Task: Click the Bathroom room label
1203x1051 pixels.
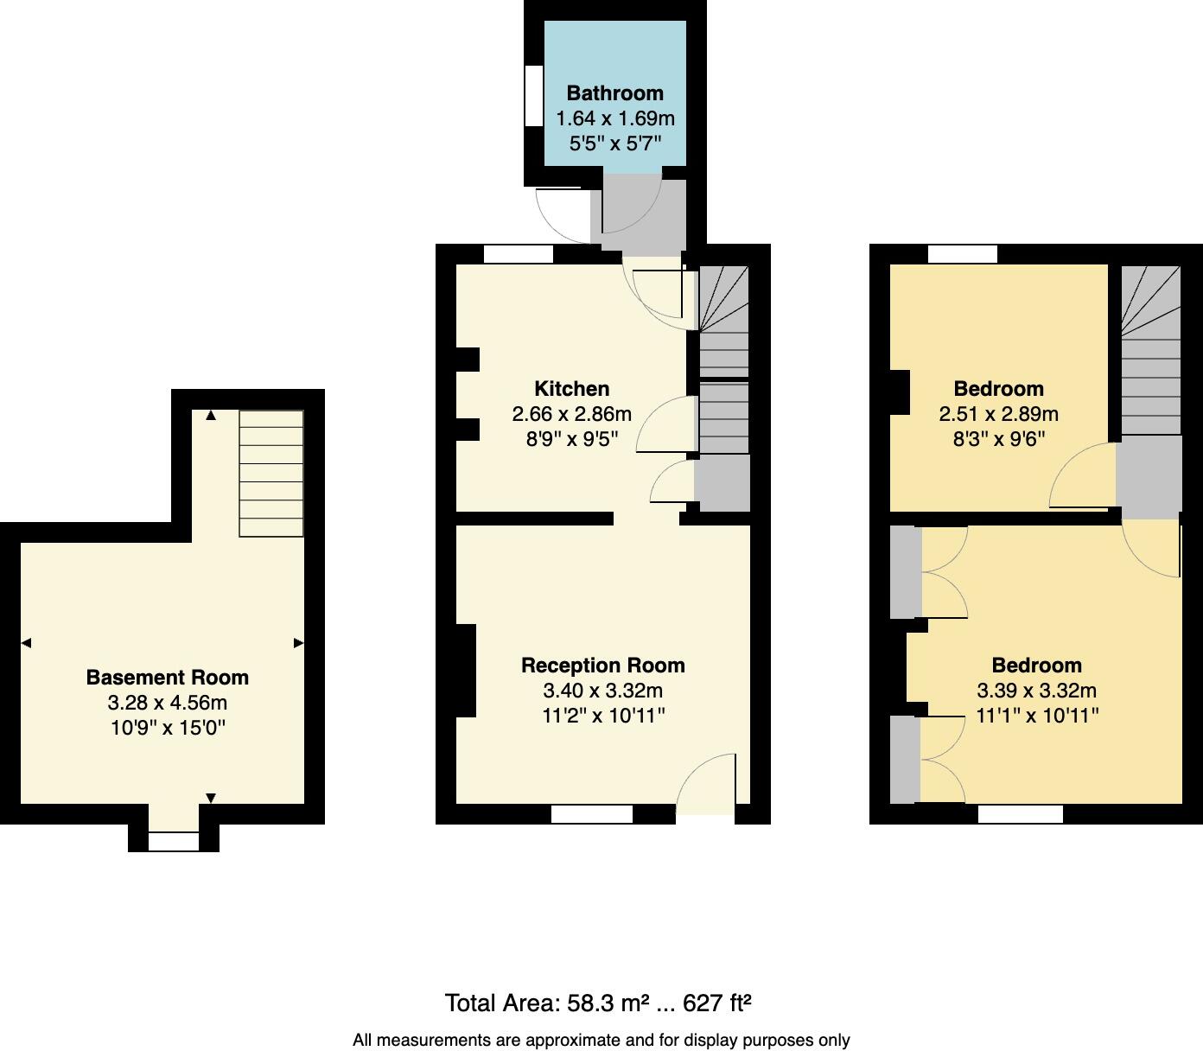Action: click(x=614, y=93)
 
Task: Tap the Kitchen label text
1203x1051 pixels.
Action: click(x=571, y=389)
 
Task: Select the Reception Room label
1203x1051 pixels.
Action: click(x=602, y=666)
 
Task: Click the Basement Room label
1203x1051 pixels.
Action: click(x=167, y=678)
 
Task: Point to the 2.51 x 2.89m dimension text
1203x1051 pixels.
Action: click(x=998, y=414)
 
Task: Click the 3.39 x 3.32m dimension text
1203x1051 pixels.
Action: click(x=1036, y=691)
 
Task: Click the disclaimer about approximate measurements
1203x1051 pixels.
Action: click(x=601, y=1041)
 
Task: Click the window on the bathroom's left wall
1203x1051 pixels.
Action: click(x=534, y=98)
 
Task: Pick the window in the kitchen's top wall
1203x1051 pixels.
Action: click(x=518, y=254)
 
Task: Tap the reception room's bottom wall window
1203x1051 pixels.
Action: click(x=592, y=814)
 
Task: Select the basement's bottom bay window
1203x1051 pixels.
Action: click(x=174, y=841)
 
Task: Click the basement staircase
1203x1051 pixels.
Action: click(x=271, y=473)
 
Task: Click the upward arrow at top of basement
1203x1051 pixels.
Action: click(x=211, y=416)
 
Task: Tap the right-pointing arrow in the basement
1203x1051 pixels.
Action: click(x=298, y=643)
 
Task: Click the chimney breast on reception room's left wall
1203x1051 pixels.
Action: click(x=466, y=671)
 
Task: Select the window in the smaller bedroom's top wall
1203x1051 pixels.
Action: click(x=963, y=254)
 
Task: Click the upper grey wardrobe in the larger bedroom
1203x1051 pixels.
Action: click(x=906, y=572)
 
